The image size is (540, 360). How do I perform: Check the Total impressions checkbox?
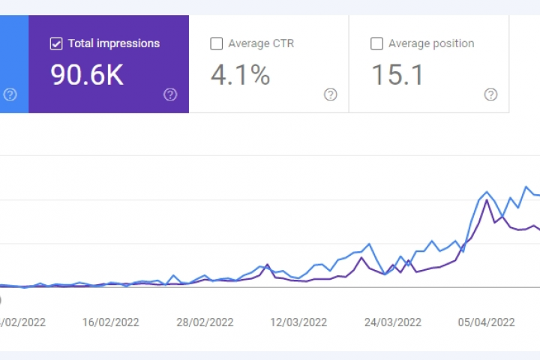click(56, 43)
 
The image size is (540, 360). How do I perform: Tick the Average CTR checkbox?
click(217, 43)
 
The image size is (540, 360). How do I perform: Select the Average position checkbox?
click(376, 43)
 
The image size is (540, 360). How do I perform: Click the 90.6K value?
click(87, 75)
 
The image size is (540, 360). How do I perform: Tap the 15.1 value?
click(397, 75)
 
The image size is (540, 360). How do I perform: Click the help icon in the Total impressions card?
click(170, 94)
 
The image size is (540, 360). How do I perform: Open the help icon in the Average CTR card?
click(330, 94)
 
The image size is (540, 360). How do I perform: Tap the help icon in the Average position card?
click(490, 94)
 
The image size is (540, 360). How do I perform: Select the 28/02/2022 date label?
click(205, 322)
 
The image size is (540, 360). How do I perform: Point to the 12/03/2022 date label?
click(298, 322)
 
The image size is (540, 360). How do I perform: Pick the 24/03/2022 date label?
click(391, 322)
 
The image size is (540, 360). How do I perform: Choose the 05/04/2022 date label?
click(486, 322)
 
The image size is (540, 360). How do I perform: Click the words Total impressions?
click(114, 43)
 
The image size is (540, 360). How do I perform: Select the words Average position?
click(431, 43)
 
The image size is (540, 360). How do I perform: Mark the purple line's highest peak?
click(487, 199)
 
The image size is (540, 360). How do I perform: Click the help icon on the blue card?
click(10, 94)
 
